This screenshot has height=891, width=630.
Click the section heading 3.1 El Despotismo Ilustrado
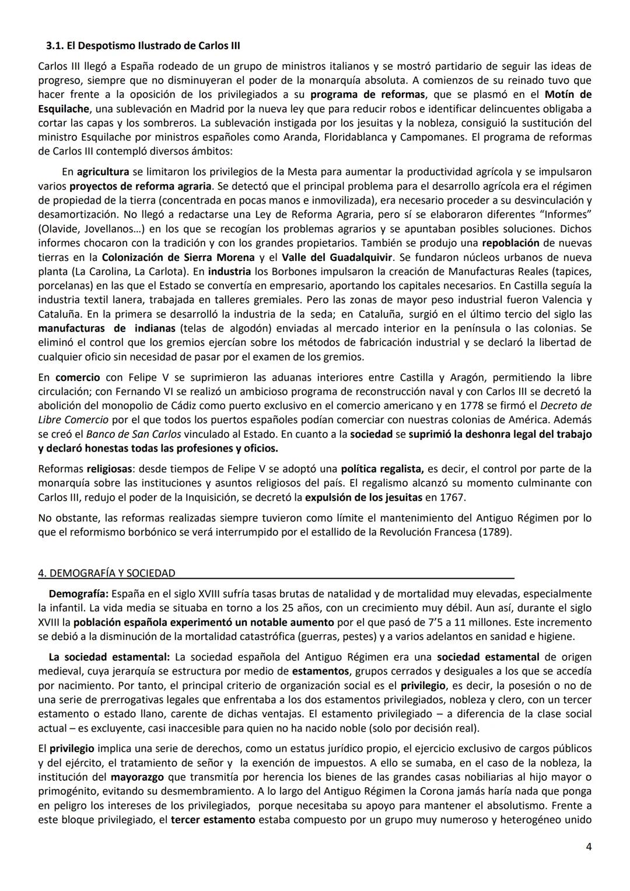pos(143,45)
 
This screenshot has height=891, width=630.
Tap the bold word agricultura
pos(103,172)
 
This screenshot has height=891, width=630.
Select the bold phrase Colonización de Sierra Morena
pos(178,257)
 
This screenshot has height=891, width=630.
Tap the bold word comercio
pos(78,377)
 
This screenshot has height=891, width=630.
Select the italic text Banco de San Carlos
pos(134,434)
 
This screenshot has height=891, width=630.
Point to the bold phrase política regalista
pos(382,469)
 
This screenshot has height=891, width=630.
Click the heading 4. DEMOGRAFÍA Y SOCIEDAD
pos(107,573)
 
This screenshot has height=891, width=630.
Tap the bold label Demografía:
pos(78,593)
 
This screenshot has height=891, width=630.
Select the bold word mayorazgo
pos(137,777)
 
